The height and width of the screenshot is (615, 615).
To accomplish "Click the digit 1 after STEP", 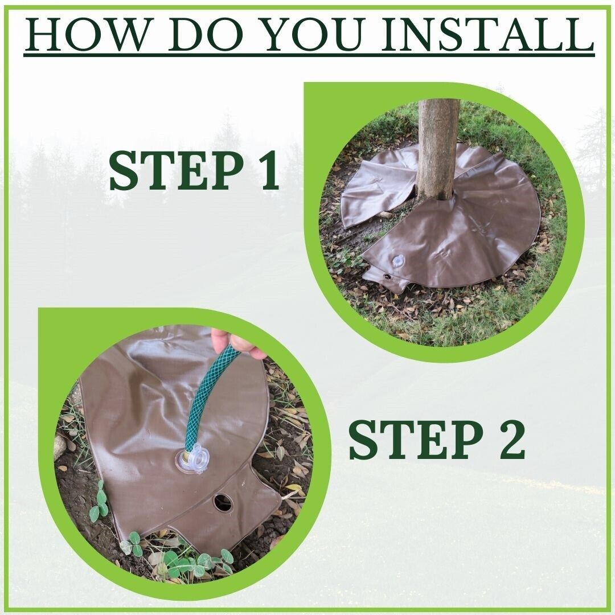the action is pyautogui.click(x=267, y=171).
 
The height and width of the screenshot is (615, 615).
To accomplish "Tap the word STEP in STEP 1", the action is pyautogui.click(x=177, y=171).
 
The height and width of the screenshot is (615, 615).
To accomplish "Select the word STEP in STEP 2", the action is pyautogui.click(x=416, y=439).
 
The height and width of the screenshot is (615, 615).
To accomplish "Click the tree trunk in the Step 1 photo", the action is pyautogui.click(x=437, y=149).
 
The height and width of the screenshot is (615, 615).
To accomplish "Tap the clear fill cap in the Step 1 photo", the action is pyautogui.click(x=398, y=261).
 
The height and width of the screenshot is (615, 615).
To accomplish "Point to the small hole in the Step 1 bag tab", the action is pyautogui.click(x=388, y=277).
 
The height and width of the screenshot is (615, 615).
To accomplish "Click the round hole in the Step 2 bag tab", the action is pyautogui.click(x=223, y=503).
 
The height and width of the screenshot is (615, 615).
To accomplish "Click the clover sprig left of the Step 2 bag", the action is pyautogui.click(x=99, y=504).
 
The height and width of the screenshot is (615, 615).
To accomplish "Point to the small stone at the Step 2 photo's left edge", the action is pyautogui.click(x=60, y=447).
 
